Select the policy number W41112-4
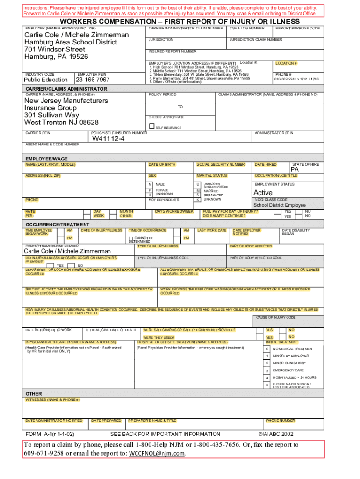coord(108,139)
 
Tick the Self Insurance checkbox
coord(151,126)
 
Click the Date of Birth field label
coord(162,164)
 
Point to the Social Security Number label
coord(220,164)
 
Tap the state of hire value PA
coord(295,170)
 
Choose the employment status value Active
coord(263,193)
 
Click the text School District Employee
coord(280,205)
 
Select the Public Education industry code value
coord(46,80)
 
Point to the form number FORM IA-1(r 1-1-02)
coord(50,434)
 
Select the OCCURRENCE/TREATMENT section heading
coord(57,225)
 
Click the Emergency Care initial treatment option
coord(288,370)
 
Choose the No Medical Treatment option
coord(293,349)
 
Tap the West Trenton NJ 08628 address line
coord(61,123)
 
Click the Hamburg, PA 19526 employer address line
coord(56,57)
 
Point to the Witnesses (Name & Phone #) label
coord(52,400)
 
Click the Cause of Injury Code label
coord(275,318)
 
